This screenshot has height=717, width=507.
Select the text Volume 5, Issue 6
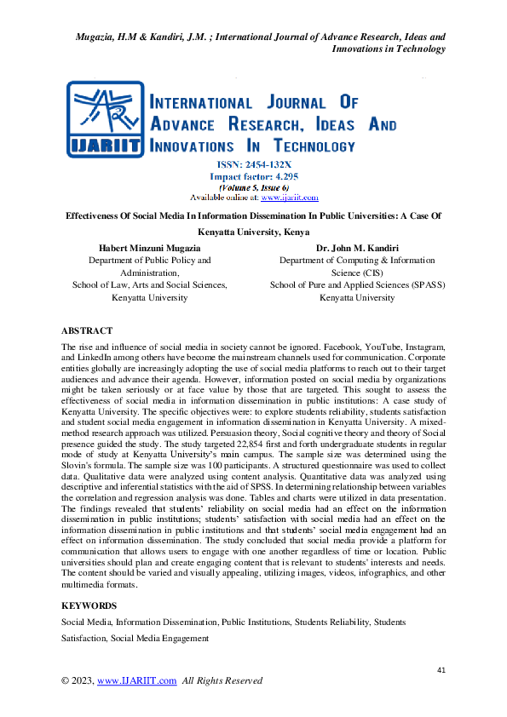coord(253,187)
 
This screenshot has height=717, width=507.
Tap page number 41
coord(441,671)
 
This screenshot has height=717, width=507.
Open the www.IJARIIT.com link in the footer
coord(137,680)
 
